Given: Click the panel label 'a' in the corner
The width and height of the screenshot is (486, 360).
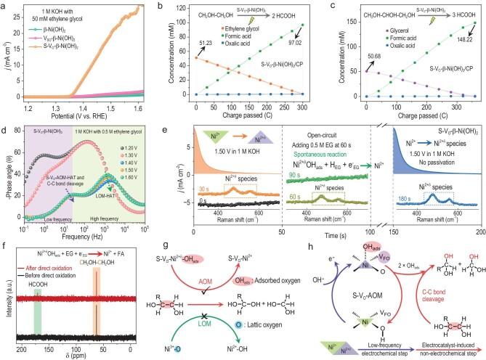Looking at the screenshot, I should [x=6, y=6].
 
